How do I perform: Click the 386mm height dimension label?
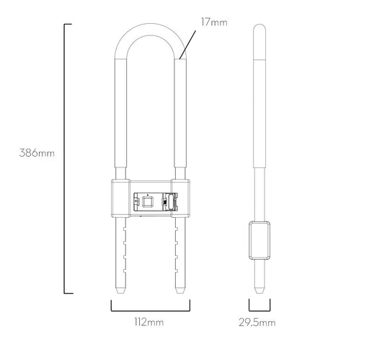37,153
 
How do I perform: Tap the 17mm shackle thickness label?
214,22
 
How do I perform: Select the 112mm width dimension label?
149,322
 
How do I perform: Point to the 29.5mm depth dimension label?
257,322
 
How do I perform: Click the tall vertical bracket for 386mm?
65,159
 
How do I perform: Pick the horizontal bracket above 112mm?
151,310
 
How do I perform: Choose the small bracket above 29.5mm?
259,310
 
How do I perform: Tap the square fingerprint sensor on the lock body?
147,202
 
